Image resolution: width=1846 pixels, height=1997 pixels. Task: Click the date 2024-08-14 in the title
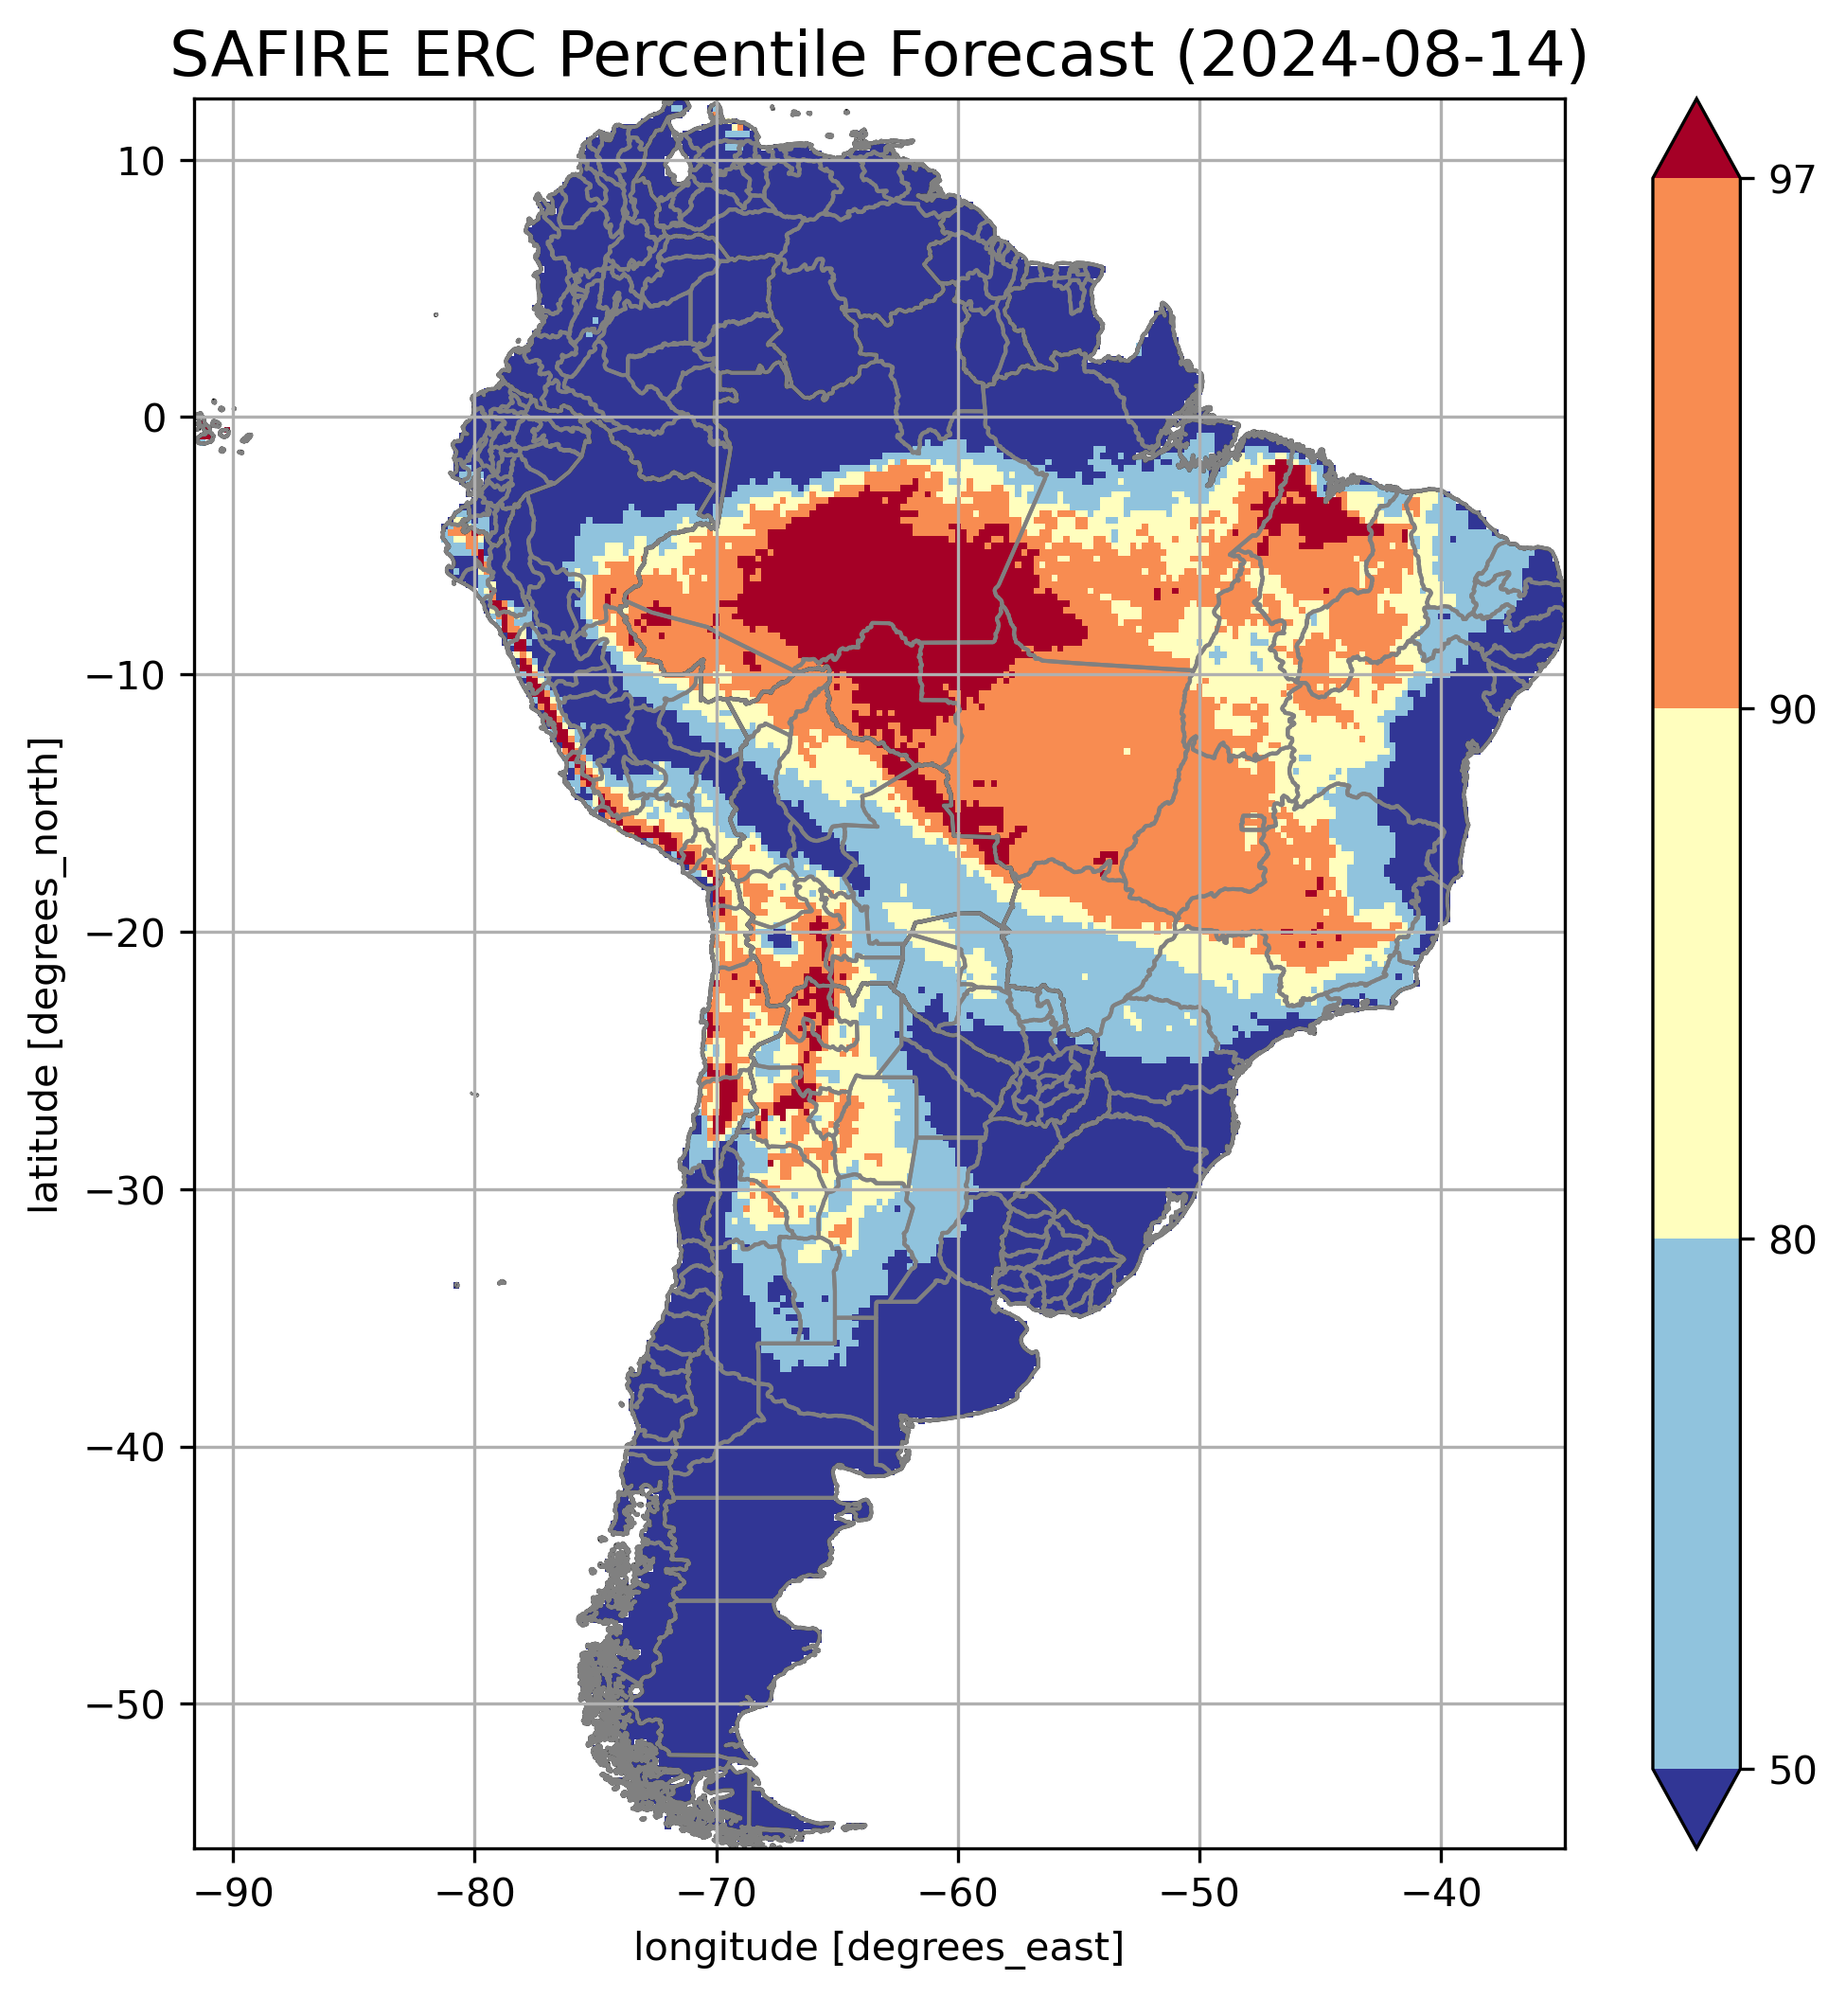tap(1380, 56)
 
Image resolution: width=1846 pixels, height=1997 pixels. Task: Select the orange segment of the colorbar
tap(1696, 444)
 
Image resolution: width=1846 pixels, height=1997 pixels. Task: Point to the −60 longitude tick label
tap(957, 1892)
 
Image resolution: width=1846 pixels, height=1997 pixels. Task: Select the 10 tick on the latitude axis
tap(141, 161)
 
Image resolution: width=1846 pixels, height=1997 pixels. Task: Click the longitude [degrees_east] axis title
tap(879, 1947)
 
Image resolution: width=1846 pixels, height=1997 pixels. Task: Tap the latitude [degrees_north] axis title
tap(44, 975)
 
